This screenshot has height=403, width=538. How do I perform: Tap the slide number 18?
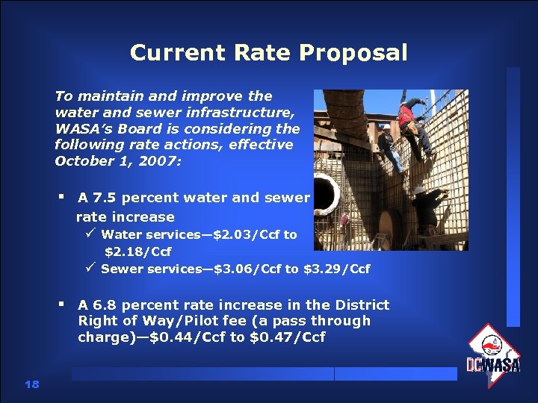point(31,384)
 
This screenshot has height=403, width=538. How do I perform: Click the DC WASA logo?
point(493,354)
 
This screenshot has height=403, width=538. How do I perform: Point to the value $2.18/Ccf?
point(137,252)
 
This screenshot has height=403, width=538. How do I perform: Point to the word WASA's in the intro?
point(82,128)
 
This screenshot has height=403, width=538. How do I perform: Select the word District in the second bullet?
point(360,304)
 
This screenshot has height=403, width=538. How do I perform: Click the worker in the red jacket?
point(407,116)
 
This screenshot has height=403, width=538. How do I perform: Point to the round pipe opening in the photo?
point(327,191)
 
